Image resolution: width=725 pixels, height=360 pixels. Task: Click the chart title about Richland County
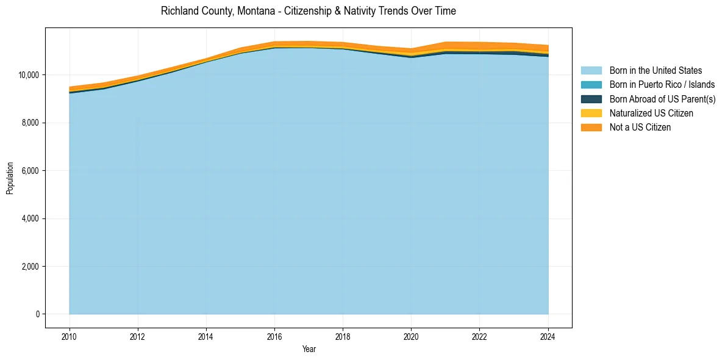coord(308,11)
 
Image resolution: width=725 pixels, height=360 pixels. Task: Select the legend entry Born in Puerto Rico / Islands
coord(662,85)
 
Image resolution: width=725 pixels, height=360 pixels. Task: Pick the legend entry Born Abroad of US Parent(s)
coord(662,99)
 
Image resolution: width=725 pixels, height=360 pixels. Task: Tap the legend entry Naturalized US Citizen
coord(651,113)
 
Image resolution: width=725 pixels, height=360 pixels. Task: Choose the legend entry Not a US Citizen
coord(640,128)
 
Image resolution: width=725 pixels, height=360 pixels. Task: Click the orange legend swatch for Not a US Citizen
coord(591,128)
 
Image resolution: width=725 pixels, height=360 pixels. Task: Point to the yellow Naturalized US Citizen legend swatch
coord(591,113)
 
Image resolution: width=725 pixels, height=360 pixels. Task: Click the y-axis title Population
coord(10,178)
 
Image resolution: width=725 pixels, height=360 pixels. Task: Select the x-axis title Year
coord(309,349)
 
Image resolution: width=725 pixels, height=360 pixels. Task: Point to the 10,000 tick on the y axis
coord(29,75)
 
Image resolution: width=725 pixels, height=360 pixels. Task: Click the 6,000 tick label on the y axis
coord(30,171)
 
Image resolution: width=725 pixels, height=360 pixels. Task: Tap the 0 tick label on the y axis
coord(37,314)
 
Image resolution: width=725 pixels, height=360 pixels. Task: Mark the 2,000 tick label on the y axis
coord(30,267)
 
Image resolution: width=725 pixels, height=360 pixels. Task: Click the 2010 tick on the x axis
coord(70,336)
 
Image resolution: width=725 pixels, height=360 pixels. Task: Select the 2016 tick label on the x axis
coord(274,336)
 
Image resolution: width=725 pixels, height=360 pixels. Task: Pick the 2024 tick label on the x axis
coord(548,336)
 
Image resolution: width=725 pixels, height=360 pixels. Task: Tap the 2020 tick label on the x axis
coord(412,336)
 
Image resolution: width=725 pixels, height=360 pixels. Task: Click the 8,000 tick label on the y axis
coord(30,123)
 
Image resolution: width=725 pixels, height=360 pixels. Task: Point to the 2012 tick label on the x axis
coord(138,336)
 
